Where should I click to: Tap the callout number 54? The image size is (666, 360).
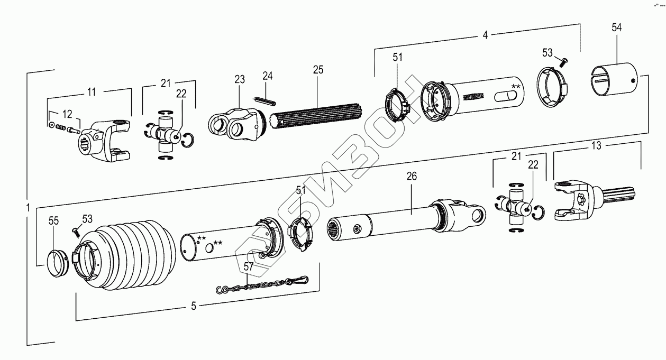coord(617,28)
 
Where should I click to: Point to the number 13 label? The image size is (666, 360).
coord(597,146)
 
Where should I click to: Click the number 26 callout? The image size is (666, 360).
coord(412,177)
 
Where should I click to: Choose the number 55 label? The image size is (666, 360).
coord(54,221)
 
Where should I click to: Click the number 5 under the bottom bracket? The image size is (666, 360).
coord(194,306)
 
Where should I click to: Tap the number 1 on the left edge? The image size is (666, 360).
coord(28,206)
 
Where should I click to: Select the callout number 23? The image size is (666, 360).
coord(240,79)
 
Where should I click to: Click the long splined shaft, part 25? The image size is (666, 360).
coord(317,114)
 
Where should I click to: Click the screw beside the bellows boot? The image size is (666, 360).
coord(75,230)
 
